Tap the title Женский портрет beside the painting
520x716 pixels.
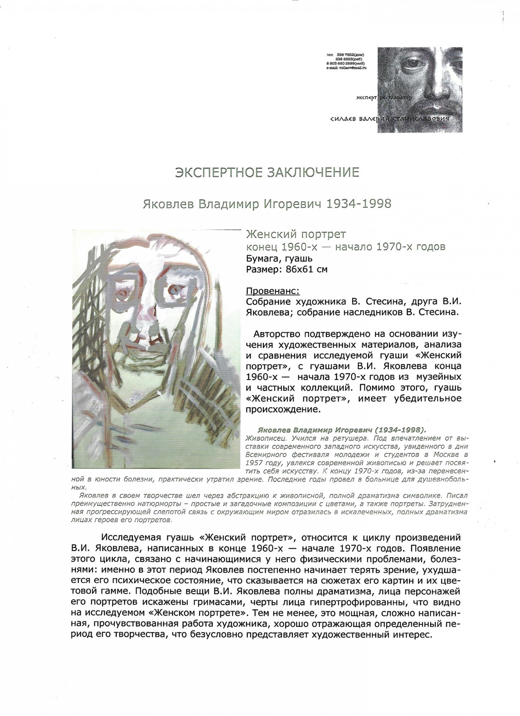(296, 235)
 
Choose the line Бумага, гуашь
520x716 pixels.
(279, 258)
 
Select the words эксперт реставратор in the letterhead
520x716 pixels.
(383, 98)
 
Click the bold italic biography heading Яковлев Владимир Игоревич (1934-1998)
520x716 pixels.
(342, 430)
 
